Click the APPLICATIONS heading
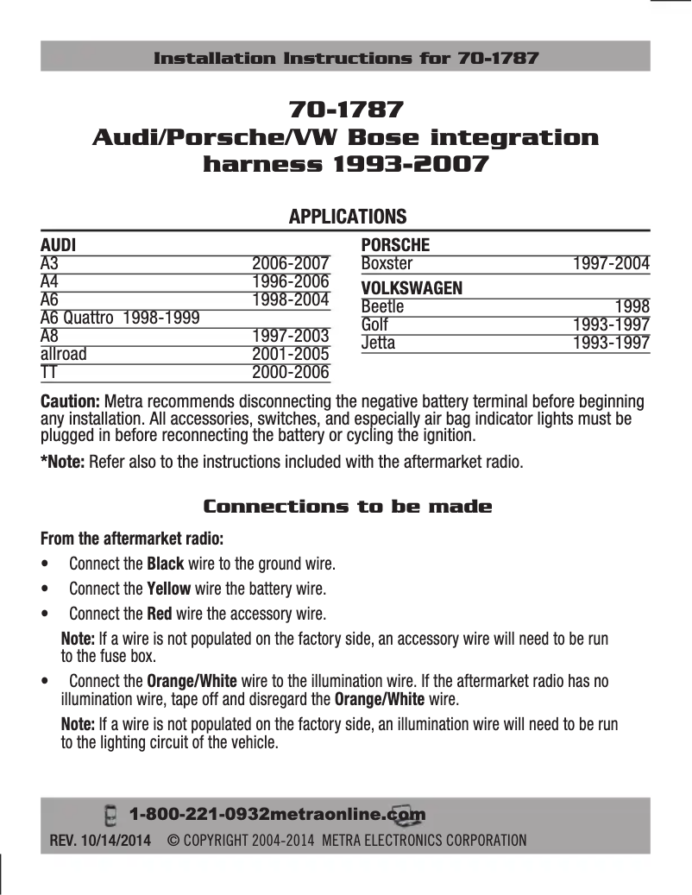[x=347, y=216]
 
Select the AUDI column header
[x=58, y=245]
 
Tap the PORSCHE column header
[x=395, y=245]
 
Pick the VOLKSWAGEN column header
[x=412, y=287]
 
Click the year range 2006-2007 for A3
[x=290, y=263]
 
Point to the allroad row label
[x=64, y=354]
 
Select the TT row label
[x=49, y=372]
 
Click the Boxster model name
[x=387, y=263]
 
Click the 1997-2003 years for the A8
[x=290, y=336]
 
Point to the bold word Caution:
[x=72, y=402]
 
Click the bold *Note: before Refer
[x=62, y=461]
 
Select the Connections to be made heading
[x=347, y=507]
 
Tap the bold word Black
[x=166, y=564]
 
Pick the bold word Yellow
[x=169, y=589]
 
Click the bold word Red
[x=159, y=615]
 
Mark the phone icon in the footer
[x=110, y=815]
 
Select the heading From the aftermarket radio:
[x=132, y=539]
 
